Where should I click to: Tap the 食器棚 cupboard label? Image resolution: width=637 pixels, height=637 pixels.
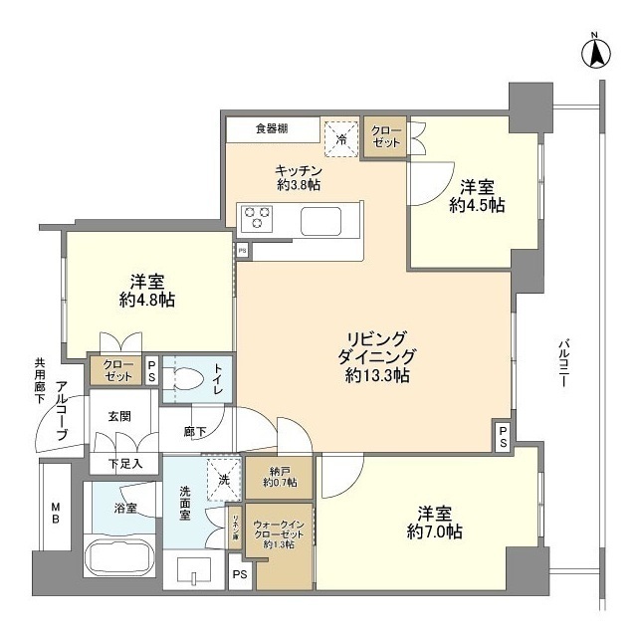click(x=271, y=128)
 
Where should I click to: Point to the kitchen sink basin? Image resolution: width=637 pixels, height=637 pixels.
click(x=321, y=221)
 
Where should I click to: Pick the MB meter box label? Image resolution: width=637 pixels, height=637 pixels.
click(x=55, y=512)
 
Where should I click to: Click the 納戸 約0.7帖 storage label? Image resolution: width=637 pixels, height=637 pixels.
click(x=284, y=477)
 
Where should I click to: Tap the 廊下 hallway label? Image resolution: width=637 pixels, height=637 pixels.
click(x=195, y=431)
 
